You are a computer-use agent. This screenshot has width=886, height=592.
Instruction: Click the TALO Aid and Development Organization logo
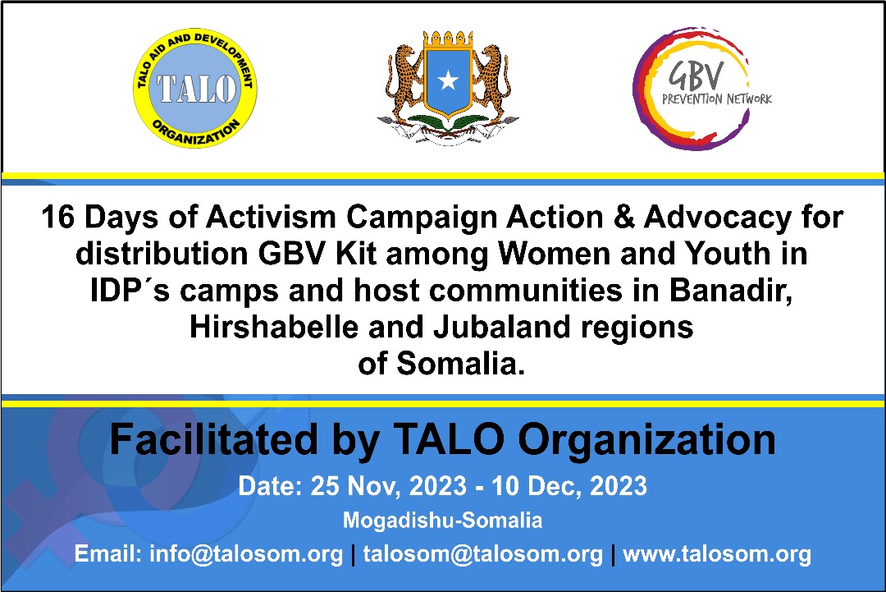point(195,88)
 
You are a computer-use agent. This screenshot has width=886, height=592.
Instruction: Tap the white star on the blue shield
point(448,80)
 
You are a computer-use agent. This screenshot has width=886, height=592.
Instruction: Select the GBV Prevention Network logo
point(701,88)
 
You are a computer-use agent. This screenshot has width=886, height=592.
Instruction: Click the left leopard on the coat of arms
point(404,79)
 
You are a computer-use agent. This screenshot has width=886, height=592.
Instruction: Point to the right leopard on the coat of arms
point(492,79)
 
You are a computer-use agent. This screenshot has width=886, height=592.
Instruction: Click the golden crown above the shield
point(448,39)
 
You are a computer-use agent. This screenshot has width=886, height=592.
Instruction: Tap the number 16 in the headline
point(58,217)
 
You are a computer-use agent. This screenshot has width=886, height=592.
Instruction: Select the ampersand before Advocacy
point(623,217)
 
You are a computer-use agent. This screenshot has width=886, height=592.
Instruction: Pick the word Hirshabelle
point(274,327)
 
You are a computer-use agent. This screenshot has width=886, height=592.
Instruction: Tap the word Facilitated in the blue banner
point(214,440)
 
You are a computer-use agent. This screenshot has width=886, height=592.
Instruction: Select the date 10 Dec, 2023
point(569,486)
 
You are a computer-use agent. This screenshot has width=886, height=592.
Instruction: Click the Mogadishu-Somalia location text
point(442,521)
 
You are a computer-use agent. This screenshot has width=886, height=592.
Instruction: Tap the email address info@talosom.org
point(246,554)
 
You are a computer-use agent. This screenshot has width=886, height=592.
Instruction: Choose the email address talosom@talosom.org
point(483,554)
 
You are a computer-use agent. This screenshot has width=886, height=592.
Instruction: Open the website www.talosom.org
point(717,554)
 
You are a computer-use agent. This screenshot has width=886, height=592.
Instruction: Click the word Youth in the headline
point(727,254)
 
